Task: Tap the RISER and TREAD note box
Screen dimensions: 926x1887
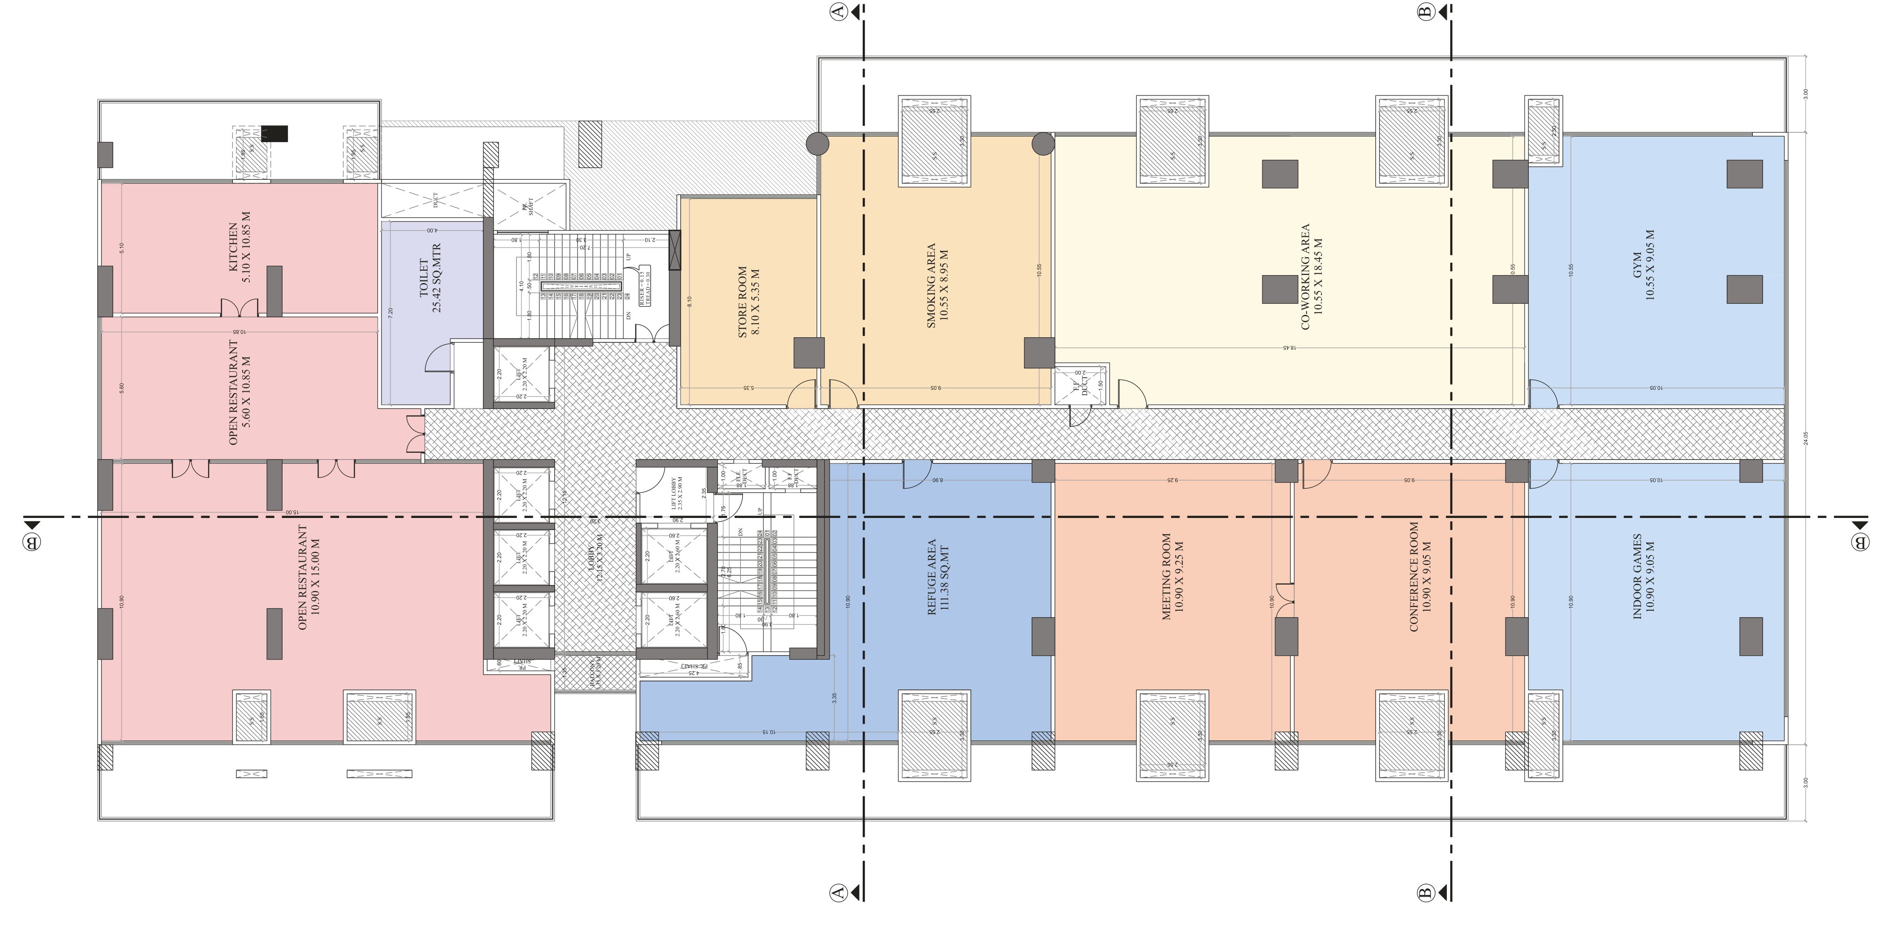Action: pos(645,286)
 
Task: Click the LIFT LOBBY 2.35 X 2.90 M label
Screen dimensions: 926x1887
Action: pos(677,493)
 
